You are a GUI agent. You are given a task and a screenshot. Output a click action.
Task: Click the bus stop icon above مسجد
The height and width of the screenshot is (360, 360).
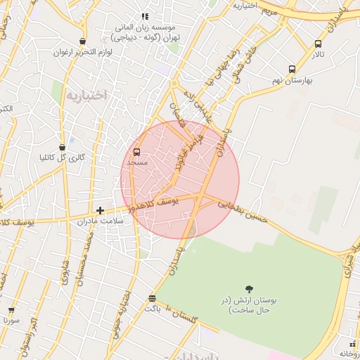pos(136,151)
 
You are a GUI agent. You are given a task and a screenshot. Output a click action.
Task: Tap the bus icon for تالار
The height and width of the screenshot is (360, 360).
pos(319,44)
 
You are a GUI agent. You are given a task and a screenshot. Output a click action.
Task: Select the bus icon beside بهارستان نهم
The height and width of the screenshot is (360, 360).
pos(292,69)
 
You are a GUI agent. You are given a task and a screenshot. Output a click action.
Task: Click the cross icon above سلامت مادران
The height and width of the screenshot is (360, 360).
pos(101,210)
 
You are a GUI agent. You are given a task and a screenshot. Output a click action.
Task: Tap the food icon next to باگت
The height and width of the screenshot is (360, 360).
pos(152,298)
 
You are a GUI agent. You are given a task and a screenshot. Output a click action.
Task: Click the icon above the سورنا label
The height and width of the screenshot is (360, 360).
pos(11,309)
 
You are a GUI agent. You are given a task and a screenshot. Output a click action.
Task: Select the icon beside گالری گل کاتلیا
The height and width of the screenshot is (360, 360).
pos(63,147)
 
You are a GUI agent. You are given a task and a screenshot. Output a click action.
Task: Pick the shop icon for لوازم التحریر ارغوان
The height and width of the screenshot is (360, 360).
pos(83,41)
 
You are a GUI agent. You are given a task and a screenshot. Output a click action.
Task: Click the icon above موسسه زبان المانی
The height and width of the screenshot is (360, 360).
pos(145,16)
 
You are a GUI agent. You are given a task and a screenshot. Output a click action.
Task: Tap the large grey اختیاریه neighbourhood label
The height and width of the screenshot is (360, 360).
pos(86,94)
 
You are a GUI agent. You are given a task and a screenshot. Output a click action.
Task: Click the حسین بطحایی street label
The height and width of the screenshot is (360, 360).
pos(243,210)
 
